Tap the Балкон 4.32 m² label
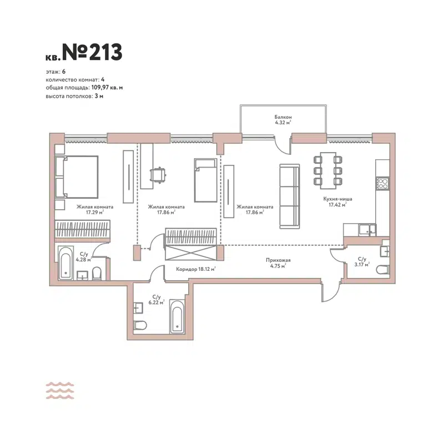(x=282, y=120)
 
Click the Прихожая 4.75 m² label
(x=278, y=263)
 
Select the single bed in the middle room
(x=204, y=180)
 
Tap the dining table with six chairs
(x=327, y=168)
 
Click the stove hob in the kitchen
(x=382, y=182)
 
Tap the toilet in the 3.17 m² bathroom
(x=383, y=270)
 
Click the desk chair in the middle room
(x=159, y=175)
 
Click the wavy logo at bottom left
(x=60, y=391)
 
